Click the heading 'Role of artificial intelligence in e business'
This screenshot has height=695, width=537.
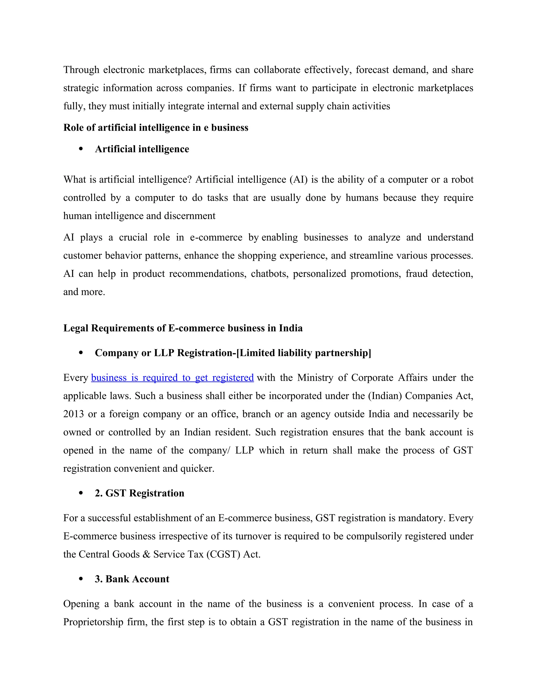[155, 128]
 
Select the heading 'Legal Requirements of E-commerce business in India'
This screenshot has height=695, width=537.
[182, 328]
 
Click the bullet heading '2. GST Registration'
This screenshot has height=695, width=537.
[139, 493]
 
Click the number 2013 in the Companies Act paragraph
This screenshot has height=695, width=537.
[73, 414]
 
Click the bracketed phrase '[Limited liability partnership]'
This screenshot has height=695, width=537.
[304, 353]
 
